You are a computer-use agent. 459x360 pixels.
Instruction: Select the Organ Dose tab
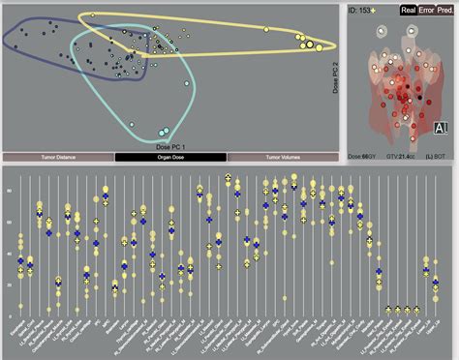coord(171,156)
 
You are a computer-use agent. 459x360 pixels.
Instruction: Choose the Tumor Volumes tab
coord(285,156)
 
